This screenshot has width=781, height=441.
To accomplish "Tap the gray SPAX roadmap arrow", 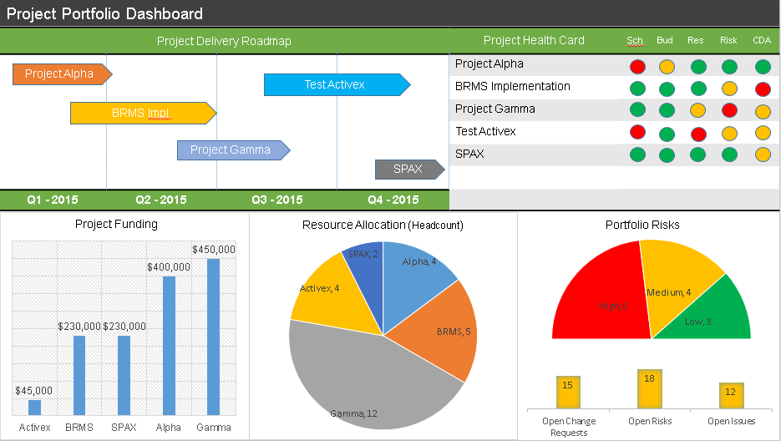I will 408,170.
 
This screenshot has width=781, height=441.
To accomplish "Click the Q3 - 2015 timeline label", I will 276,200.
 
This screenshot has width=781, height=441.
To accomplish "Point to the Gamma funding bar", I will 213,336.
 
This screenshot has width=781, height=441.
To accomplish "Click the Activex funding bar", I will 34,407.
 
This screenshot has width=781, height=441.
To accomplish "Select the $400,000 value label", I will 168,266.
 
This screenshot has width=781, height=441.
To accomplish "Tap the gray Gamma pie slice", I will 368,376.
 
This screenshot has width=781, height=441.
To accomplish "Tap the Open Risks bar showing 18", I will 650,388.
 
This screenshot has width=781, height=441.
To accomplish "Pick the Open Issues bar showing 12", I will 731,395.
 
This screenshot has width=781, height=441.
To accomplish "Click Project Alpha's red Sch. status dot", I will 637,67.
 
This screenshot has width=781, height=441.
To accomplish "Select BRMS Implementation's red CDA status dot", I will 762,89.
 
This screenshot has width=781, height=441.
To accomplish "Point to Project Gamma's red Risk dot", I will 729,110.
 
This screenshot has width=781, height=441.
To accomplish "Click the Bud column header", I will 665,40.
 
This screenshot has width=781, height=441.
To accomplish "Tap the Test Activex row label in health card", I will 485,131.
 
